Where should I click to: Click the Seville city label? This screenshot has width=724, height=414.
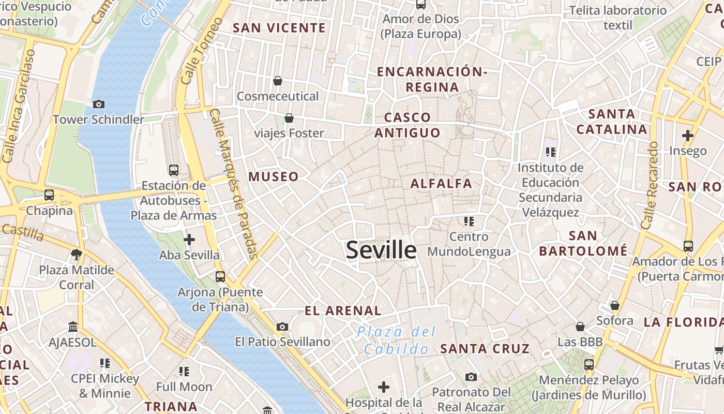click(x=381, y=250)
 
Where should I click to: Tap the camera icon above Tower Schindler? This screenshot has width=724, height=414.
click(x=99, y=105)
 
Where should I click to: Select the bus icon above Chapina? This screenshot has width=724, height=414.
click(x=49, y=195)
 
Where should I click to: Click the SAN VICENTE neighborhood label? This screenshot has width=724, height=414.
click(x=279, y=28)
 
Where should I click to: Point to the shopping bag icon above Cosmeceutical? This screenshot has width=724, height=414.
click(x=278, y=81)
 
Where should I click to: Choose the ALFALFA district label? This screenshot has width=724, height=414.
click(x=441, y=183)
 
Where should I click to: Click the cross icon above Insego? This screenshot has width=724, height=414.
click(x=687, y=136)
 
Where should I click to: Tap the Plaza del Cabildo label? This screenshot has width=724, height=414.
click(x=397, y=340)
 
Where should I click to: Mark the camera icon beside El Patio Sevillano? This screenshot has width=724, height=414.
click(x=282, y=327)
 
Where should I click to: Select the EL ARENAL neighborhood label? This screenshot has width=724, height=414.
click(x=343, y=310)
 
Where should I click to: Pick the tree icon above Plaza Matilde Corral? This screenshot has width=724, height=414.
click(x=77, y=254)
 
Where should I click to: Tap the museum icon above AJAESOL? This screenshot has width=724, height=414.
click(x=73, y=327)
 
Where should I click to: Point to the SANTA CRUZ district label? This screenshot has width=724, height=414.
click(x=485, y=348)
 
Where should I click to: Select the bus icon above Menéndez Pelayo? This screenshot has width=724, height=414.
click(x=589, y=365)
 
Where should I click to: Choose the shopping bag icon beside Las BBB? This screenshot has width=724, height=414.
click(x=580, y=327)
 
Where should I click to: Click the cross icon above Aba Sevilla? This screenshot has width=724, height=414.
click(x=189, y=240)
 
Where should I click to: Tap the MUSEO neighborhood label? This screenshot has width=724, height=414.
click(x=274, y=176)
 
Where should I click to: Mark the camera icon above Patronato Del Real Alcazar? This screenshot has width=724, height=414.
click(x=471, y=377)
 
